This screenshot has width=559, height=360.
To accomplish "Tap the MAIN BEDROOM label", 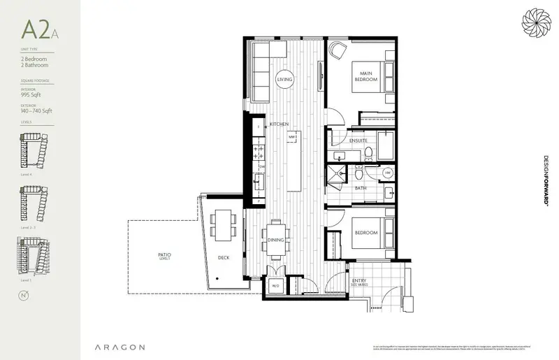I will coord(364,76).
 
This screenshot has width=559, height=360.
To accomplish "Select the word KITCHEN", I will coord(279,124).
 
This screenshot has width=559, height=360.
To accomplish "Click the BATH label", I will coord(361,188).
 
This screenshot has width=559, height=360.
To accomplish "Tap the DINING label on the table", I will coord(275,240).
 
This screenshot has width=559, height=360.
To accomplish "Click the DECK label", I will coord(223,258).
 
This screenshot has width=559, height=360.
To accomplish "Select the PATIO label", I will coord(165,255).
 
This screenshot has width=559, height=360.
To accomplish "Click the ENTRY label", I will coord(360,281).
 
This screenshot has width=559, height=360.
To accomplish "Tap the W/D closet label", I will coord(275,285).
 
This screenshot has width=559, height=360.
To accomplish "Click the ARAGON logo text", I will coord(120,347).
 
